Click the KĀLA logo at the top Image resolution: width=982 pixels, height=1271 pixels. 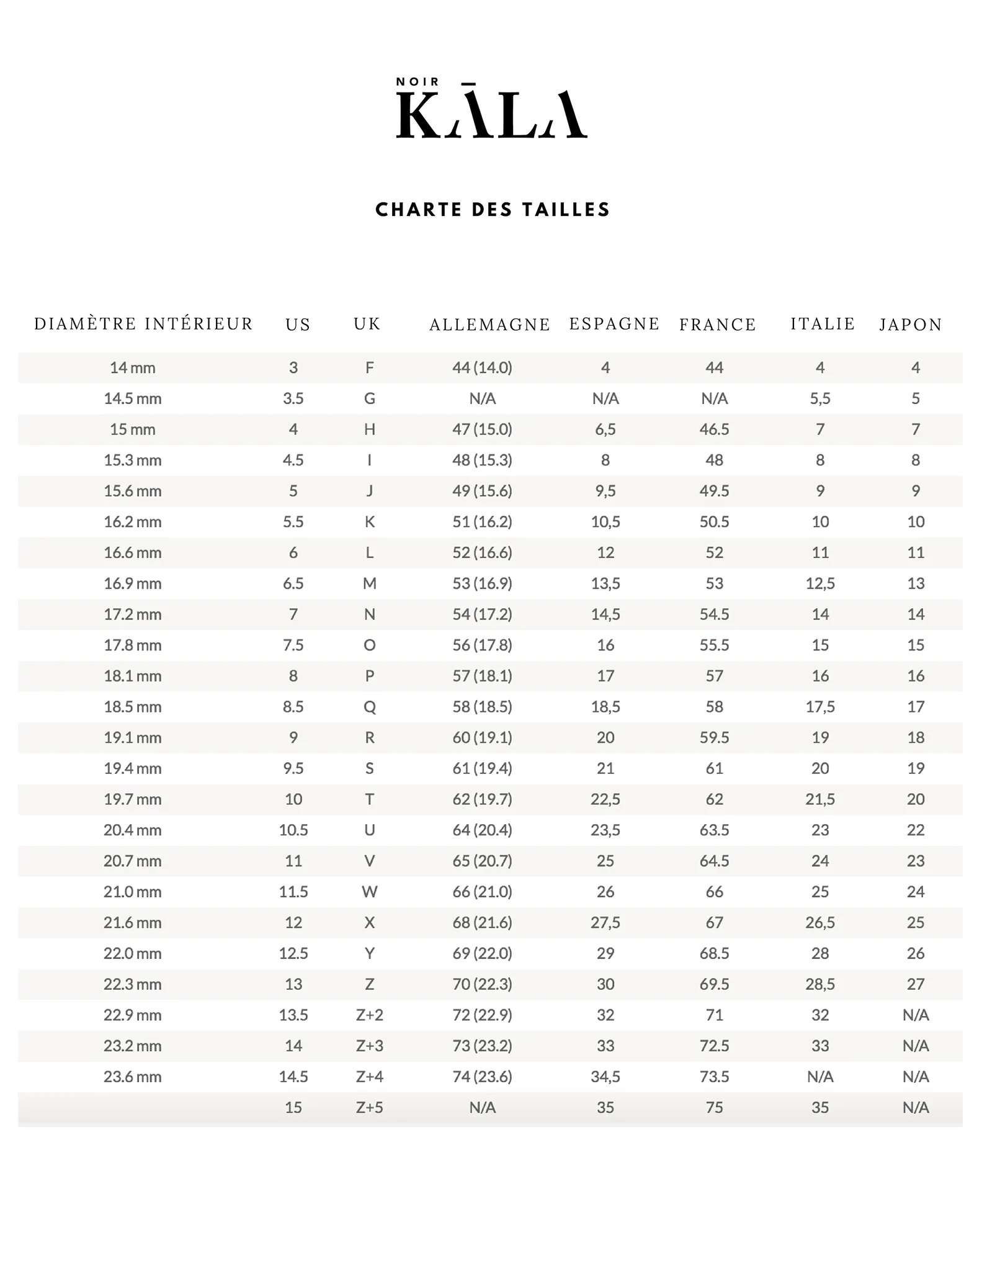point(491,115)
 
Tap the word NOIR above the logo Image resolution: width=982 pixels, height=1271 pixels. point(417,82)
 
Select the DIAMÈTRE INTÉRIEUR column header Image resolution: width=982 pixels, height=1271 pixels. point(143,324)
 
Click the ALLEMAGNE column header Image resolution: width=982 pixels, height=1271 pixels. point(489,325)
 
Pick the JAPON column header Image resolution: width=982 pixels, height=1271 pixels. point(911,325)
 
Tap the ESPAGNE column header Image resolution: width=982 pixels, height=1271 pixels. point(614,324)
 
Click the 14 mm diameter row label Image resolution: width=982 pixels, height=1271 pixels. point(132,368)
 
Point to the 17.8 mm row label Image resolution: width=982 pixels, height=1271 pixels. point(132,645)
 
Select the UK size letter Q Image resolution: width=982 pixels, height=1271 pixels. point(369,707)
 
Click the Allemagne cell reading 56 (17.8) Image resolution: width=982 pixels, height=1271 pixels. point(482,645)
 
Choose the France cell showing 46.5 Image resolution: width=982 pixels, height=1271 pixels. point(714,429)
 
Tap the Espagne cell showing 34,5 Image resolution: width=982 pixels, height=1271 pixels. point(605,1077)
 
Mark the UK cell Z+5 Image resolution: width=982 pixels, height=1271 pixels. point(369,1108)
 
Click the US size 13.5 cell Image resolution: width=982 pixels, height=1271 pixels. point(293,1015)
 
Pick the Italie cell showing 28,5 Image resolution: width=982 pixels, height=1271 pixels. point(819,984)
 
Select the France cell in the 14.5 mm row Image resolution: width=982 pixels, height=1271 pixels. point(714,398)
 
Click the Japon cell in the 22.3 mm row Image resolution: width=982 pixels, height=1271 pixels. point(915,984)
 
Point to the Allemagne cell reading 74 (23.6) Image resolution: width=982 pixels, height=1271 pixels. point(482,1077)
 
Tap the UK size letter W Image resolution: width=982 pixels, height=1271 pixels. point(369,892)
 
